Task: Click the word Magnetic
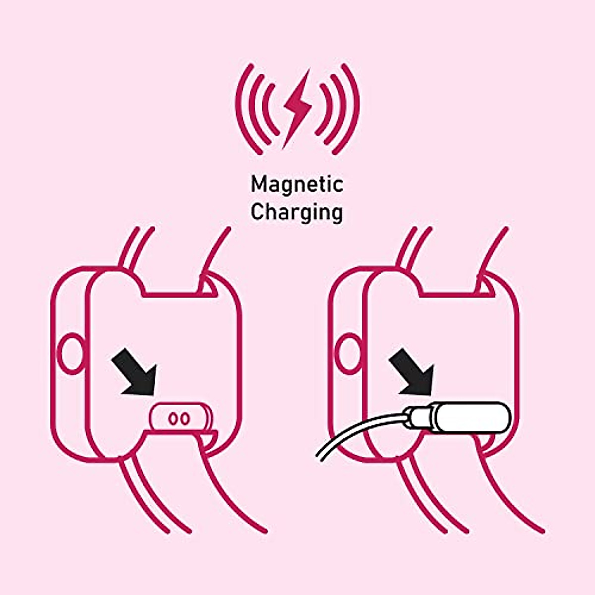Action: (297, 185)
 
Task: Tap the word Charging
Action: (297, 212)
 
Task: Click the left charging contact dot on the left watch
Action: (173, 418)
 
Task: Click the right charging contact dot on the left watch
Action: (185, 418)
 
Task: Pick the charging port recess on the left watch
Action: (180, 418)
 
